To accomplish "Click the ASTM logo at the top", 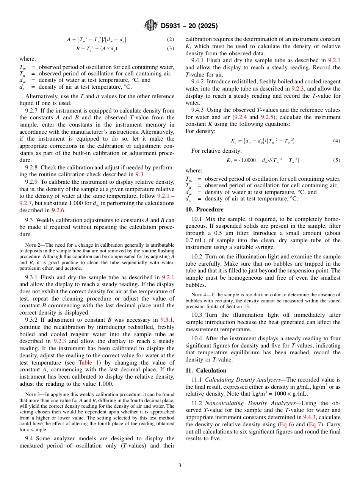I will pos(150,25).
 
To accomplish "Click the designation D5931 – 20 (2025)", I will pos(189,26).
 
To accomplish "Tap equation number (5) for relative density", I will pos(337,160).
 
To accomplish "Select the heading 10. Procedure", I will pos(204,210).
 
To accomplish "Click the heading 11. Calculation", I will pos(206,371).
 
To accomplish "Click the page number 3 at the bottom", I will pos(180,465).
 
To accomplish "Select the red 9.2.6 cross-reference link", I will pos(58,210).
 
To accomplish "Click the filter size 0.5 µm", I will pos(228,233).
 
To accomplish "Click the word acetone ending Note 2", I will pos(74,268).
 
